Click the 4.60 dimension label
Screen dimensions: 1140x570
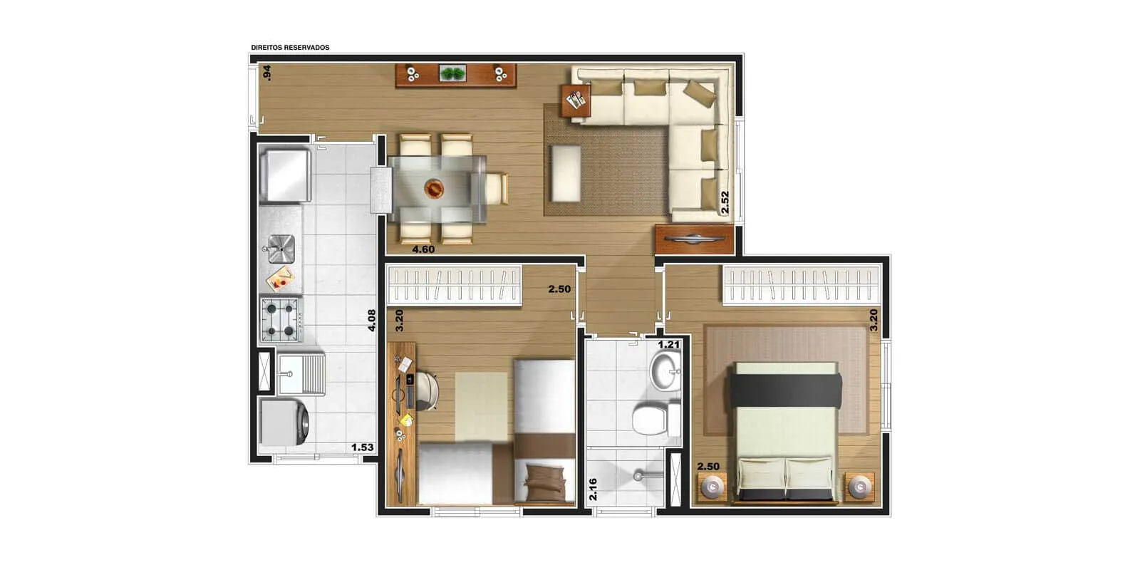coord(423,249)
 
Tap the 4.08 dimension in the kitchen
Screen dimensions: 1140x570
coord(372,321)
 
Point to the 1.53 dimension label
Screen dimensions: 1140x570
coord(363,447)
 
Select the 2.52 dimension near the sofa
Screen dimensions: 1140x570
coord(725,202)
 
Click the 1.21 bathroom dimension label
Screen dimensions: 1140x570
coord(669,345)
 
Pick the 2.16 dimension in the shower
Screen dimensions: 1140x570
coord(593,489)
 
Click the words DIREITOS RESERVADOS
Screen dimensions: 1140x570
coord(290,47)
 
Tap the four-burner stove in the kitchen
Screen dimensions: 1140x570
coord(281,320)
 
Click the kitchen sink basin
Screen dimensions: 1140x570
coord(281,249)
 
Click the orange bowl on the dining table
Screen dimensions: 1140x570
coord(434,189)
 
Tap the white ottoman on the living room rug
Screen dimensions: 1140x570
coord(566,173)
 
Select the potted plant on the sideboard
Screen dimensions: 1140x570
coord(453,74)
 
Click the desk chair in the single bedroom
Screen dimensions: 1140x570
coord(427,391)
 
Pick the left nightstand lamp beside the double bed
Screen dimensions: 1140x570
coord(712,487)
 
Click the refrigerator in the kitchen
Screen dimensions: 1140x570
coord(285,175)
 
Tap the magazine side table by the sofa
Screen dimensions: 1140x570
coord(576,100)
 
